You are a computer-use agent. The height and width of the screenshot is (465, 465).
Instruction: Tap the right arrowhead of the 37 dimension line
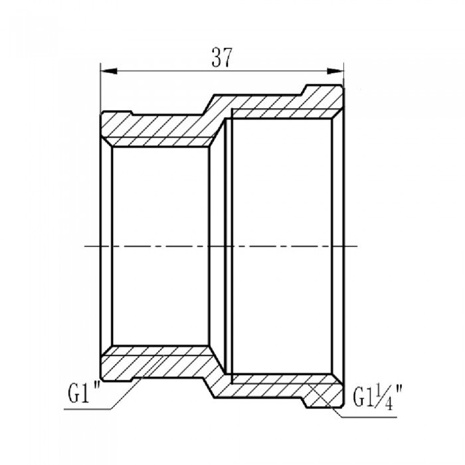[339, 68]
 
